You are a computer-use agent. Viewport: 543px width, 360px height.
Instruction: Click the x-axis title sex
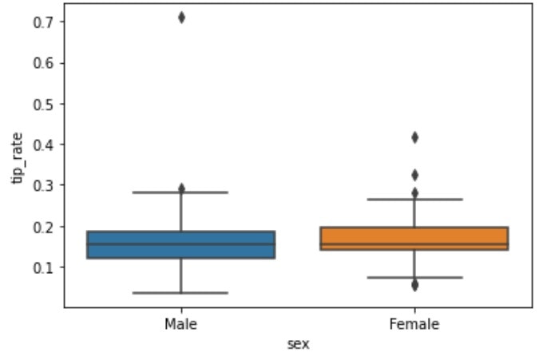click(298, 343)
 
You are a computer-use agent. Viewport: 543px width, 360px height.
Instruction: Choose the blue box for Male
click(181, 244)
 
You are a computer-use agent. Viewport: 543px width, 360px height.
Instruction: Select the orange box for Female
click(414, 239)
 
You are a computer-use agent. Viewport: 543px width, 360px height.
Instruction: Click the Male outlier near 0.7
click(181, 18)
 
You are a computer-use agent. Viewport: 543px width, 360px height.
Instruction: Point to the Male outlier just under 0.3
click(181, 188)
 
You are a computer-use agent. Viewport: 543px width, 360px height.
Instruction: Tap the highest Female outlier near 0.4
click(414, 137)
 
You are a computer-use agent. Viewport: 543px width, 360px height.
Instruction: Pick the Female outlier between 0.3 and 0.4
click(414, 175)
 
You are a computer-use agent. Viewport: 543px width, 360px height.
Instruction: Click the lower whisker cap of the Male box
click(181, 293)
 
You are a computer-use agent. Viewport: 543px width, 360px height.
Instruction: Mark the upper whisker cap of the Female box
click(414, 199)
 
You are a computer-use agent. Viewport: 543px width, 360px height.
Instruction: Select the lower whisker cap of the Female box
click(414, 277)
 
